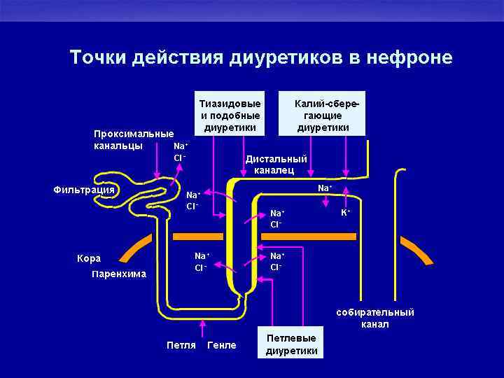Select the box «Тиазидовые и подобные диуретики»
(230, 114)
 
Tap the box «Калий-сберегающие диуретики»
(323, 114)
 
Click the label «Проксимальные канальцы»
(134, 139)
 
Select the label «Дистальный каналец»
(275, 164)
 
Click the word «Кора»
(89, 258)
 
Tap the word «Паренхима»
(119, 274)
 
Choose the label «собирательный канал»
(375, 318)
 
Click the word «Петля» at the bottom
(181, 345)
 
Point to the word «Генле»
(222, 345)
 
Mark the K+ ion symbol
(345, 212)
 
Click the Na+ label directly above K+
(325, 188)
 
